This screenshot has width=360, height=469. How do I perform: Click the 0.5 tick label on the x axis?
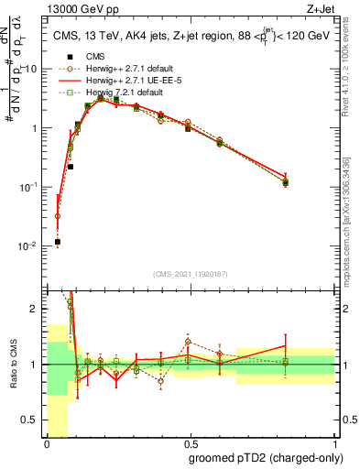point(191,442)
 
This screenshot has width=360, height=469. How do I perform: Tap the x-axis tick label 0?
point(47,442)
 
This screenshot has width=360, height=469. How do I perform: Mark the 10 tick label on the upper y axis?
point(31,70)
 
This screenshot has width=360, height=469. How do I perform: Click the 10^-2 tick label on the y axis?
point(29,246)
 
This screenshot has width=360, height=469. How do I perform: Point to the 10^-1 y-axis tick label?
point(29,187)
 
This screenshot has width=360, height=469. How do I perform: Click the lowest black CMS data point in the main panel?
point(58,242)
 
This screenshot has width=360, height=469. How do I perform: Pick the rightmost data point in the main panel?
point(286,182)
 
